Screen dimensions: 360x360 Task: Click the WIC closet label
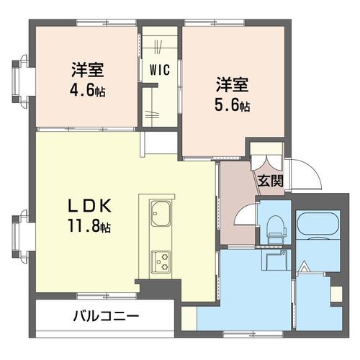[160, 70]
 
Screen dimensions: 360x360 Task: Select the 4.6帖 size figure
[87, 93]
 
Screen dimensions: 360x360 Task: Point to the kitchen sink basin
[160, 214]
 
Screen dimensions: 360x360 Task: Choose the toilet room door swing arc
[246, 216]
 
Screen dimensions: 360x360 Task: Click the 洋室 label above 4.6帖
[87, 71]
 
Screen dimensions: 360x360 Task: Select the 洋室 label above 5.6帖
[231, 84]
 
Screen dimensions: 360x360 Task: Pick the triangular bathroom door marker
[304, 268]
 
